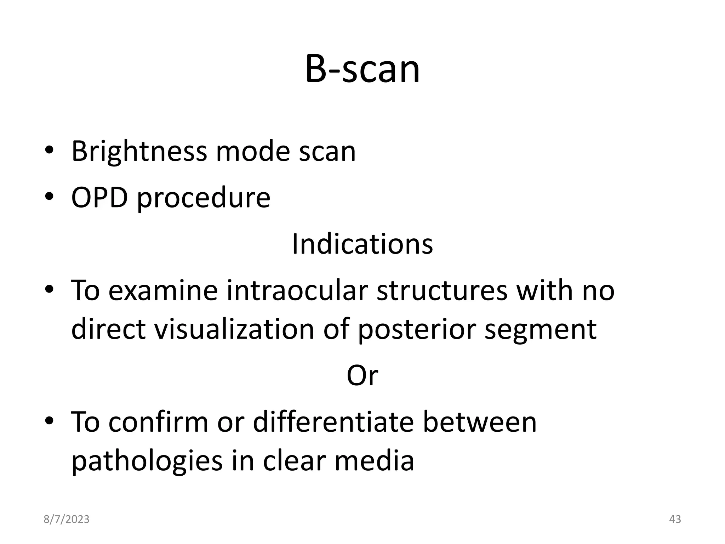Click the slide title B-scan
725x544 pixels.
[x=362, y=69]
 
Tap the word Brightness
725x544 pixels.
[x=139, y=151]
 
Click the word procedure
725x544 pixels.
[x=204, y=198]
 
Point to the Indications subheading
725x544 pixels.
[x=362, y=244]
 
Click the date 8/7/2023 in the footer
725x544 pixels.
[x=67, y=519]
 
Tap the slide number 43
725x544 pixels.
[x=675, y=519]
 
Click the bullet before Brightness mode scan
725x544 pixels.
[x=49, y=151]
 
